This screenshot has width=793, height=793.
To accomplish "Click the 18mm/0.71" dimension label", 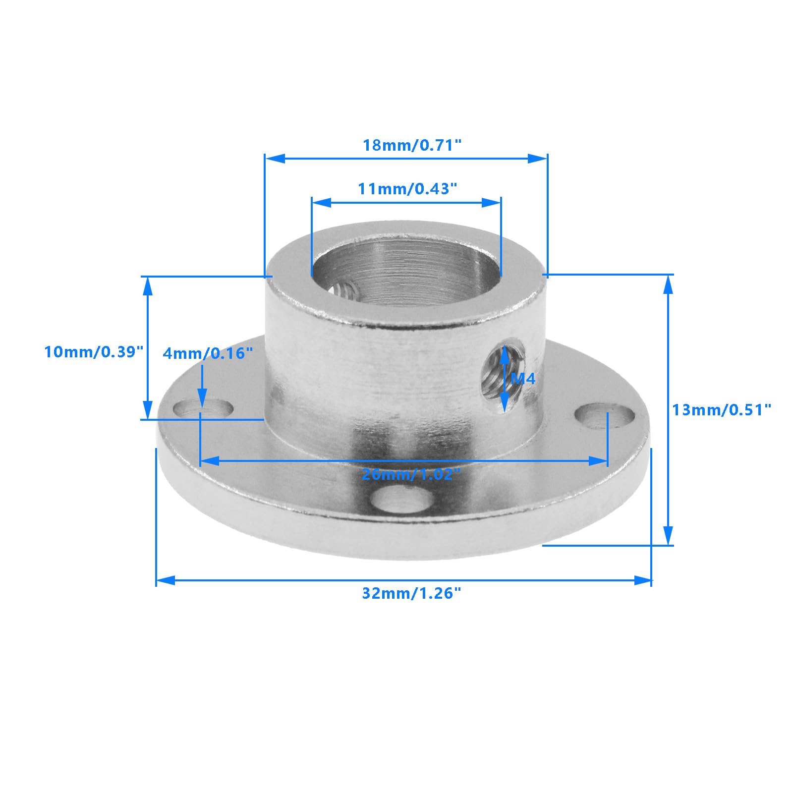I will [x=412, y=145].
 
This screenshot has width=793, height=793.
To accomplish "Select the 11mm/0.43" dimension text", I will [x=407, y=189].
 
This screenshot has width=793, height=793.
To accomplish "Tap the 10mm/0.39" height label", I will [x=94, y=352].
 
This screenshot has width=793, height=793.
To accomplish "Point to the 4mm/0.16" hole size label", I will [x=208, y=353].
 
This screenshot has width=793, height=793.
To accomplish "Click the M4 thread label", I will [x=523, y=379].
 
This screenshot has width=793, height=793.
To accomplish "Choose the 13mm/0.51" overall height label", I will [x=722, y=410].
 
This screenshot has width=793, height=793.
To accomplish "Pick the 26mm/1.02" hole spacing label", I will [x=411, y=474].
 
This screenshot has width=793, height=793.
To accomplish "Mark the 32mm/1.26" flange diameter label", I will [x=411, y=593].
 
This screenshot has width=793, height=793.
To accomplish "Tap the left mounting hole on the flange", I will [x=203, y=409].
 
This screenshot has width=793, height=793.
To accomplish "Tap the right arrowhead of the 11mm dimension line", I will [x=492, y=202].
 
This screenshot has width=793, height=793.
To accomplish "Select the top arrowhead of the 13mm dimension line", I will [x=668, y=284].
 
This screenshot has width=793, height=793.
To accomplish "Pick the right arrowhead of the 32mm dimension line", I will [x=643, y=580].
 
